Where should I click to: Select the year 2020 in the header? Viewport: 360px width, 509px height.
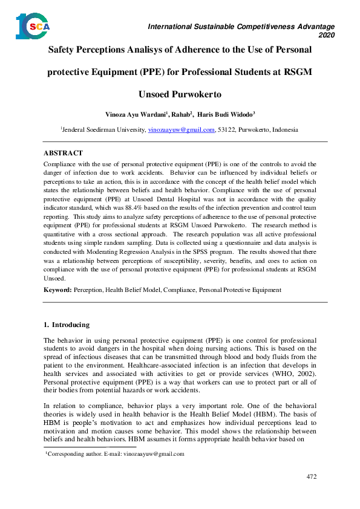326,36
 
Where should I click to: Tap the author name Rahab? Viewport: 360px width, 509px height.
180,114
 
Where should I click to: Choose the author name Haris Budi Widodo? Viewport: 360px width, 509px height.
227,114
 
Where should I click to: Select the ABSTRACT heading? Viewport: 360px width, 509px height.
64,154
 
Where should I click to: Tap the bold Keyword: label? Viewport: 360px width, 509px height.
58,290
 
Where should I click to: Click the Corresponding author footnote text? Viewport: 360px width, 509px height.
115,453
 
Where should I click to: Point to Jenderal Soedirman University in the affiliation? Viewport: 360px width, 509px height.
103,129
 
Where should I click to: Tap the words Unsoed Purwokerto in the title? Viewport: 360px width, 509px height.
180,95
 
